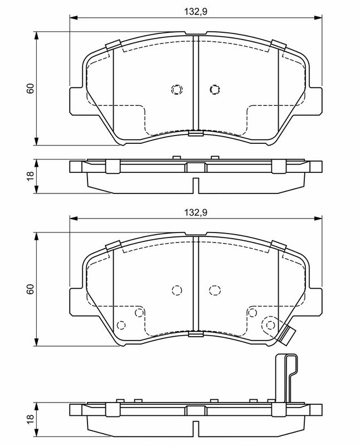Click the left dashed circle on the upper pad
[177, 89]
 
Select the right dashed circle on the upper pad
[214, 89]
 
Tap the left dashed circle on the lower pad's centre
[177, 289]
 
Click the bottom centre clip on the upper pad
[196, 133]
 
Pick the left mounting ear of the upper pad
[76, 101]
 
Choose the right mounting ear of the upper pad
[315, 101]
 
